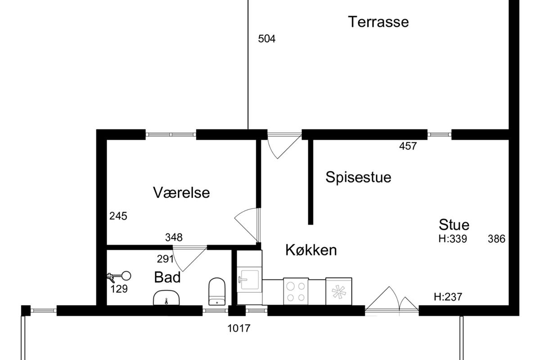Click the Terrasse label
pos(378,22)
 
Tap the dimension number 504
pos(266,39)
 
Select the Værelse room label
pos(181,193)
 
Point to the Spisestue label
pos(358,178)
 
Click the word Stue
pos(454,225)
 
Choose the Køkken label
pos(311,250)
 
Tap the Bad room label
pos(167,277)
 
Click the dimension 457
pos(408,146)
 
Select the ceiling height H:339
pos(453,239)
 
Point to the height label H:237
pos(448,297)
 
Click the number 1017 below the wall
pos(239,328)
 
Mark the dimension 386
pos(497,239)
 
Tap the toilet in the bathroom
pos(217,292)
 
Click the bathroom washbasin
pos(166,298)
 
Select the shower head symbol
pos(119,277)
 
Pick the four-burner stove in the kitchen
pos(296,291)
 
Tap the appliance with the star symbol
pos(339,291)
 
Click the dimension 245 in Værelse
pos(118,216)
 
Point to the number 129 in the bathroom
pos(119,289)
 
